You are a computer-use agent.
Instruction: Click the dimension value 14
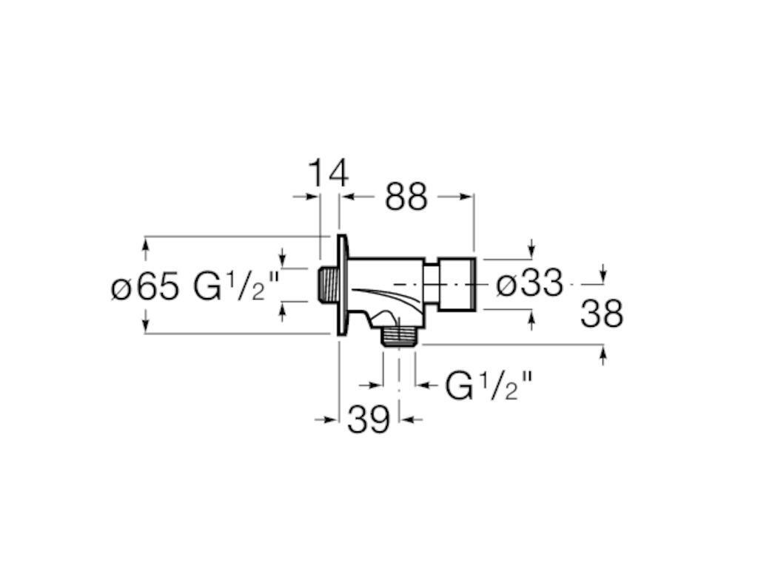point(327,174)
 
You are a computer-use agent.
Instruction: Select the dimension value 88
point(406,197)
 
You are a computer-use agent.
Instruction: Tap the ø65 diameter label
point(145,286)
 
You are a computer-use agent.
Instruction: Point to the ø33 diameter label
point(529,284)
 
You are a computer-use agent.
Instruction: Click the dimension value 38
point(601,314)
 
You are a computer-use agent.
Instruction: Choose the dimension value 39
point(368,420)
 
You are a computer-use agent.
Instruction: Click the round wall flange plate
point(342,285)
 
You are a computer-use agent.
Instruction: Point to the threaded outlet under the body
point(399,337)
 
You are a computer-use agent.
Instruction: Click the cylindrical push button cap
point(458,284)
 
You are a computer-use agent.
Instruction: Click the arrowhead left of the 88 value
point(346,197)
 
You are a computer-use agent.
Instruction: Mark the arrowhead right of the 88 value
point(466,197)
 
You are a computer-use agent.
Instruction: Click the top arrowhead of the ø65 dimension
point(145,242)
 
